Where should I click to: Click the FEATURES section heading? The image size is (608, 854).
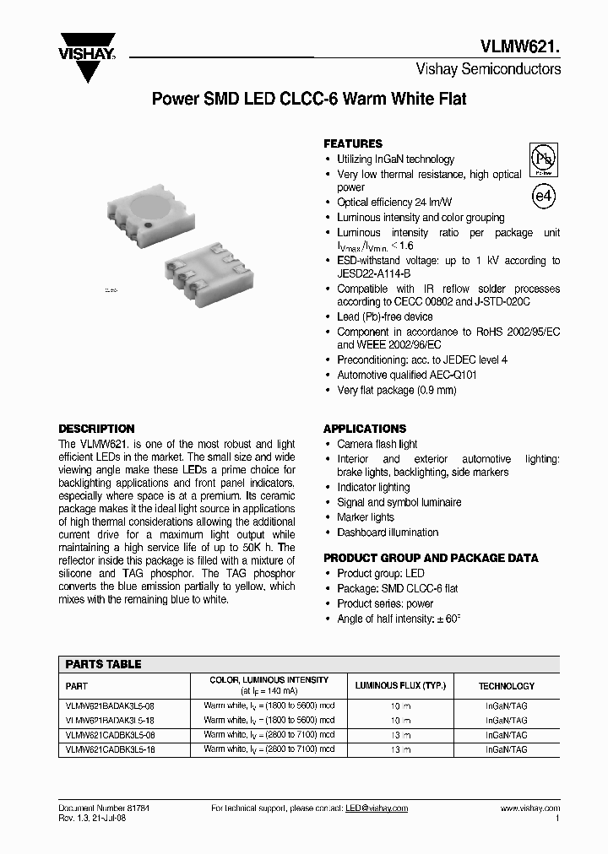pos(353,143)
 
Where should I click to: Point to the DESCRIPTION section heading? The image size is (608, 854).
pos(96,429)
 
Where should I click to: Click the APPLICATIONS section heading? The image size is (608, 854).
pos(365,429)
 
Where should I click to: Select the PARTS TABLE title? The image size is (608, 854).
pos(103,664)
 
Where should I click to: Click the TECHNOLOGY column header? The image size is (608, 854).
pos(507,686)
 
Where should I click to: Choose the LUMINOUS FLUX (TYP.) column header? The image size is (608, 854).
pos(399,686)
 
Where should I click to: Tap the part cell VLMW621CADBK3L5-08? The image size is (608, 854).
pos(110,735)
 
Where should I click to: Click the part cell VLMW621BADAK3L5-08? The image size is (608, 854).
pos(110,705)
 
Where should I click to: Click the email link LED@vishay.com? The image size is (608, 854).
pos(377,808)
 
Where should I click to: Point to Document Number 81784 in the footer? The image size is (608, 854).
pos(104,808)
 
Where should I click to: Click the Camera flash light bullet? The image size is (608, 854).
pos(377,444)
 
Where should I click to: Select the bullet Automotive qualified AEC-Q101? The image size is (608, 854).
pos(407,375)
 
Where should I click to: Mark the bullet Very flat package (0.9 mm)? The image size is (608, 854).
pos(396,390)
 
